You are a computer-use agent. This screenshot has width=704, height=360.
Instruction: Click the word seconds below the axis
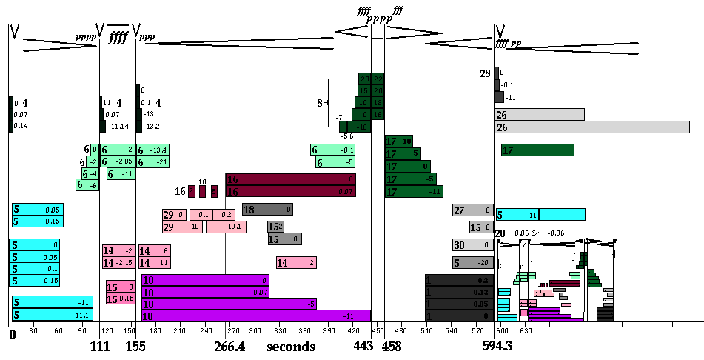(x=292, y=346)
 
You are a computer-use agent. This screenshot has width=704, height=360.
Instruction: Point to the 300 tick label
(x=256, y=330)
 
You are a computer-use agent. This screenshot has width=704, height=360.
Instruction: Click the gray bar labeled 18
(x=267, y=210)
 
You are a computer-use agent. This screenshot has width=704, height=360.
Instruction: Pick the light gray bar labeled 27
(x=472, y=210)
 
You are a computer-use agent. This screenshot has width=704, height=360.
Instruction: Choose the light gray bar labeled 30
(x=472, y=244)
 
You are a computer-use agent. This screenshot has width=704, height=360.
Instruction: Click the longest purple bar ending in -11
(x=255, y=316)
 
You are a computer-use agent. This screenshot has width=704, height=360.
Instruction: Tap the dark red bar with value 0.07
(x=290, y=192)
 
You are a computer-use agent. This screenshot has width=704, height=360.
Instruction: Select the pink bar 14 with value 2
(x=296, y=262)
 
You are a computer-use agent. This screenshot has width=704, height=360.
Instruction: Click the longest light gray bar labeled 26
(x=591, y=127)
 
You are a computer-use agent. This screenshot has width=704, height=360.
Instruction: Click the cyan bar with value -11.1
(x=52, y=316)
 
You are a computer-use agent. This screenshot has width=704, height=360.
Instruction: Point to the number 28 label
(x=485, y=73)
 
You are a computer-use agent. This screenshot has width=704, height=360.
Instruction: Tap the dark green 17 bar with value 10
(x=398, y=141)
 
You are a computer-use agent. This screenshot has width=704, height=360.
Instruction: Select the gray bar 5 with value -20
(x=472, y=262)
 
